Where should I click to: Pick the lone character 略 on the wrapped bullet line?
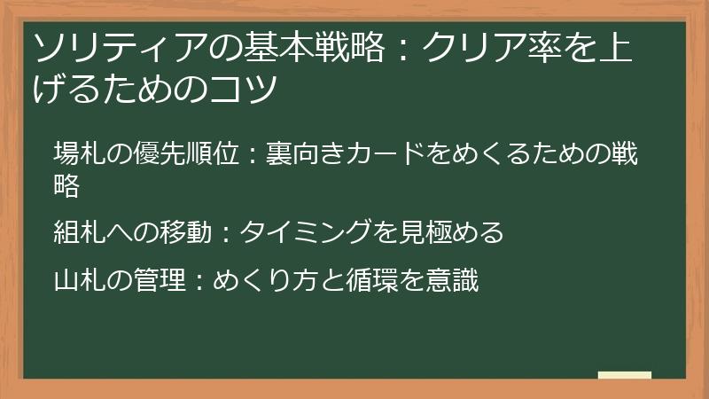coord(66,185)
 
